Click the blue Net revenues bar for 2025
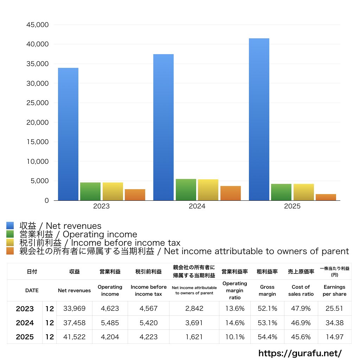[259, 120]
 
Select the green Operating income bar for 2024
[186, 190]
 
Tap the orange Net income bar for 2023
[135, 195]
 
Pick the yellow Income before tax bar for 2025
[304, 192]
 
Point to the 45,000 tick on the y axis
[37, 25]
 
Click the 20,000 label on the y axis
[37, 123]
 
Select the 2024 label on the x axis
[197, 206]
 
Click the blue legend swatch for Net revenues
[10, 226]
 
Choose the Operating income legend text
[78, 234]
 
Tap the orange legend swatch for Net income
[10, 251]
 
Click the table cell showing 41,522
[74, 337]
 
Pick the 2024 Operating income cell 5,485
[110, 323]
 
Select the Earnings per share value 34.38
[334, 323]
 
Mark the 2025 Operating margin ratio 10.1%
[234, 337]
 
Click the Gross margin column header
[267, 290]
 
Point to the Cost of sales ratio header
[301, 290]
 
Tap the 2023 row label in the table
[25, 309]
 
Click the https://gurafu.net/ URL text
[300, 353]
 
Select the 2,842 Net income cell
[194, 309]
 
